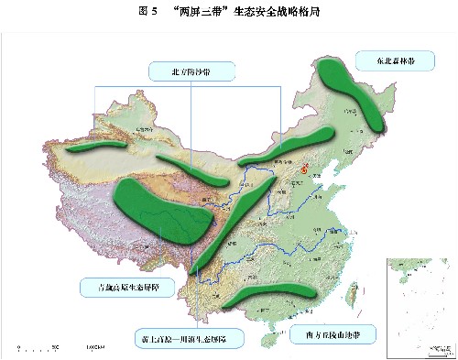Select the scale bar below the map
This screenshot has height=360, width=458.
point(55,347)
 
